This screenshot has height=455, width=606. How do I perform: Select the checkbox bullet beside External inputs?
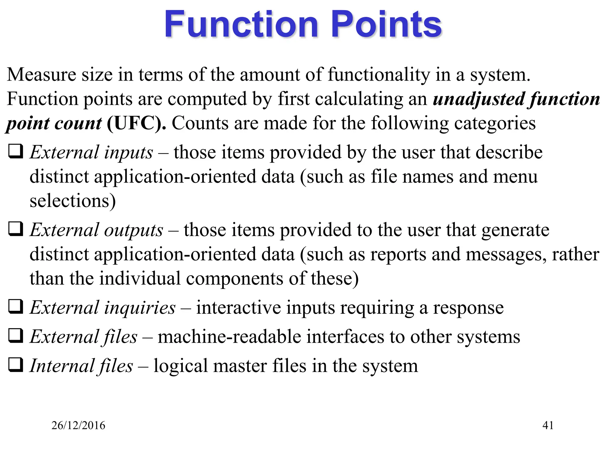point(16,151)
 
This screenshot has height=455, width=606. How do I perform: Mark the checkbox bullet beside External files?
point(16,336)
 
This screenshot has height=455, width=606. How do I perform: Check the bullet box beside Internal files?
point(16,365)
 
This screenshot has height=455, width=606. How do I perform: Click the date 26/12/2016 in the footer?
point(78,425)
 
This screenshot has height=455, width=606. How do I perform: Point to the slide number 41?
point(548,425)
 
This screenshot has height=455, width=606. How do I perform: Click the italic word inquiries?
point(140,307)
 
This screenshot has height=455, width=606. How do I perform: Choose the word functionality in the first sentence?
point(379,75)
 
